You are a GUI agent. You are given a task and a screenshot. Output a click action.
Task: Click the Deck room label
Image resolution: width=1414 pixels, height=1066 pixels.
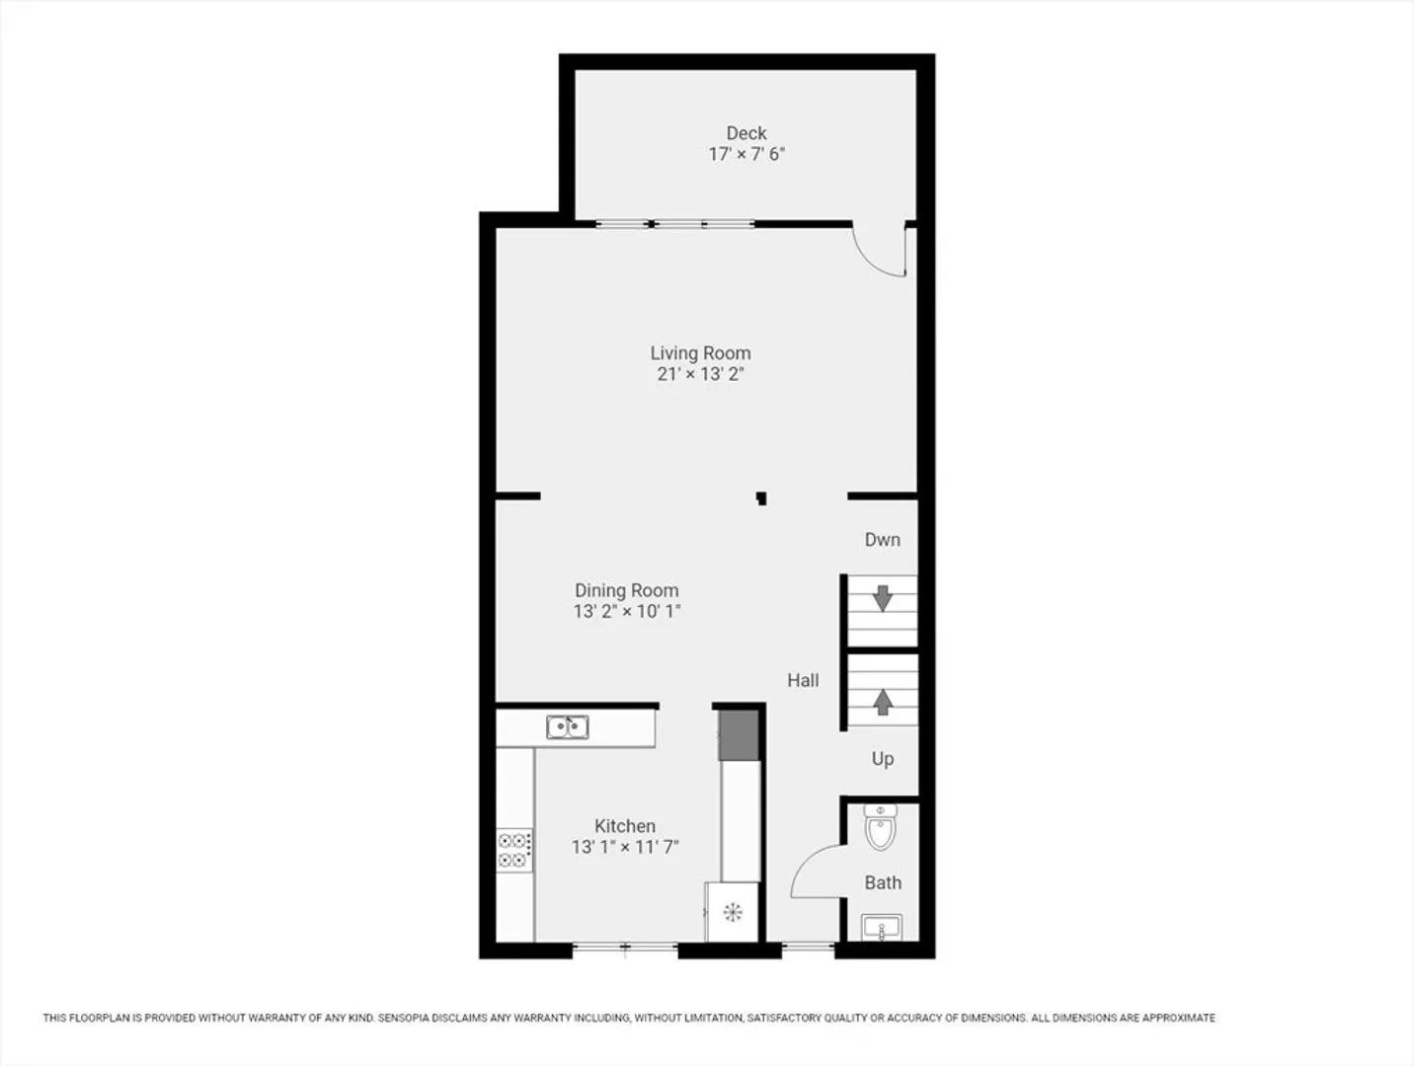(746, 133)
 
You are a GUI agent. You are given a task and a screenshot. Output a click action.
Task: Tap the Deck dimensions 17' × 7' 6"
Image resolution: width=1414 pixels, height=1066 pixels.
(746, 155)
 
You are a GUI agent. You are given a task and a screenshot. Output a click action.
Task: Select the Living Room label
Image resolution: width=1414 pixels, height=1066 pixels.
(700, 353)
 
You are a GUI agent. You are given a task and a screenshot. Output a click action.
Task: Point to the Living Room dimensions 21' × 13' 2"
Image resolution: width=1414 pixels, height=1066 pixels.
(700, 374)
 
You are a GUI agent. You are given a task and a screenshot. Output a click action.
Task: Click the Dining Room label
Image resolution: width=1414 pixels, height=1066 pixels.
(627, 590)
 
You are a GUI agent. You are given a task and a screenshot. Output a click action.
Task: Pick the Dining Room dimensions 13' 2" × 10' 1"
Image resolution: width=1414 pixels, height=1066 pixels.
(627, 611)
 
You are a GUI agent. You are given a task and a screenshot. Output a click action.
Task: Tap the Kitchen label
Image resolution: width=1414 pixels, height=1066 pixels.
(625, 826)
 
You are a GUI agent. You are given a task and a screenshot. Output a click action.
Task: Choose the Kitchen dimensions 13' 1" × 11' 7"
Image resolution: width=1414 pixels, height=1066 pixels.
(625, 847)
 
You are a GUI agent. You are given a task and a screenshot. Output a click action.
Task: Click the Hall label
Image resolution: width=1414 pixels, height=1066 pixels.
(803, 680)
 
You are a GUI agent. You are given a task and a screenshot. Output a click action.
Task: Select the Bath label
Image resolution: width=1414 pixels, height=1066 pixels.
(883, 882)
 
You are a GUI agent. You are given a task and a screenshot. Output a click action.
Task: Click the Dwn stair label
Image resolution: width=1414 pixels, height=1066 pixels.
(883, 540)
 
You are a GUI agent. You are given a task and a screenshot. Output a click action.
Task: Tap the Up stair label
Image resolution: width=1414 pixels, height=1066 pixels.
(883, 759)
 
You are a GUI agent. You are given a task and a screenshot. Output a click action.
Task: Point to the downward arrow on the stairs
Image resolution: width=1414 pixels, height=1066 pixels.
(883, 598)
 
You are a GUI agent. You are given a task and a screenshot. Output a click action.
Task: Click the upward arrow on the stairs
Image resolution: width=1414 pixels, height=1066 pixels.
(883, 702)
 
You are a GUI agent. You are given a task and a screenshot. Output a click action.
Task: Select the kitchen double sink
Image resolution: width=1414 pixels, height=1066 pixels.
(567, 727)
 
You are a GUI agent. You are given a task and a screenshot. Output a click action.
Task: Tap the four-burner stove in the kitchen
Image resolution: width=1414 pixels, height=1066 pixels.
(514, 851)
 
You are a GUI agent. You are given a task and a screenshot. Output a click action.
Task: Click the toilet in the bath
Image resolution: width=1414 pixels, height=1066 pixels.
(880, 827)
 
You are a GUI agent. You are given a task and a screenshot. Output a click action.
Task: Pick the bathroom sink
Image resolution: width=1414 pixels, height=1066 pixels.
(881, 927)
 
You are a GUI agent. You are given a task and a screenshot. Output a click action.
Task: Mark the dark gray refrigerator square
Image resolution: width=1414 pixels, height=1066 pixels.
(739, 735)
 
